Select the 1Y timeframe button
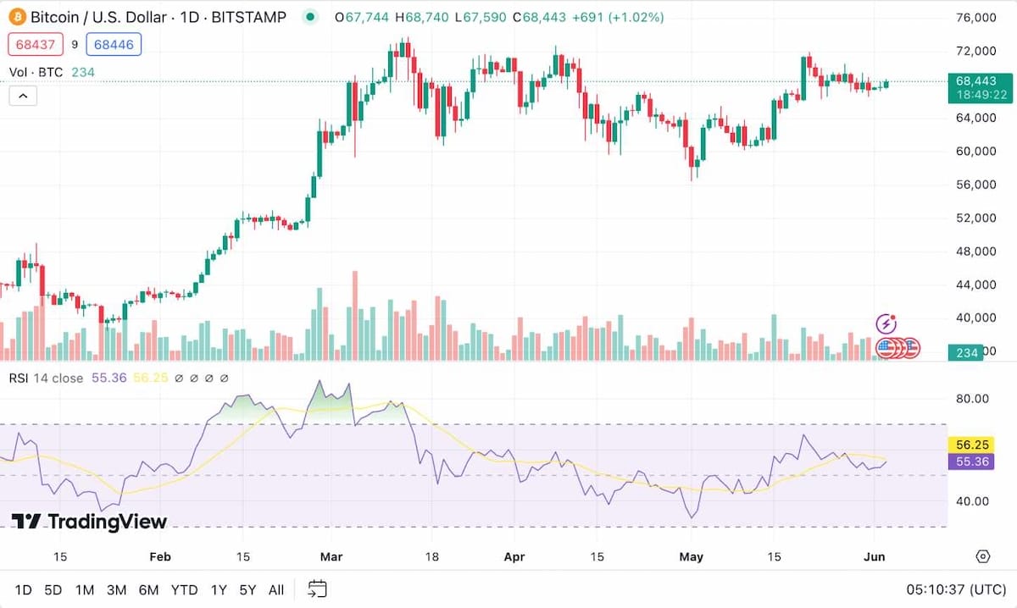point(219,589)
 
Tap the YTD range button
point(184,589)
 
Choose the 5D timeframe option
point(53,589)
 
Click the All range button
point(275,589)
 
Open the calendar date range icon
point(318,589)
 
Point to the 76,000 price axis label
point(975,18)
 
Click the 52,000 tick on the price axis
point(975,218)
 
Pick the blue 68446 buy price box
point(114,44)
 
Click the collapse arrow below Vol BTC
point(23,96)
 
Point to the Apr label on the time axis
point(514,556)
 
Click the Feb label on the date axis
point(159,556)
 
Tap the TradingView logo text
point(90,521)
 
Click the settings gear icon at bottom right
point(983,556)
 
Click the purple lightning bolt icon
point(886,323)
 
